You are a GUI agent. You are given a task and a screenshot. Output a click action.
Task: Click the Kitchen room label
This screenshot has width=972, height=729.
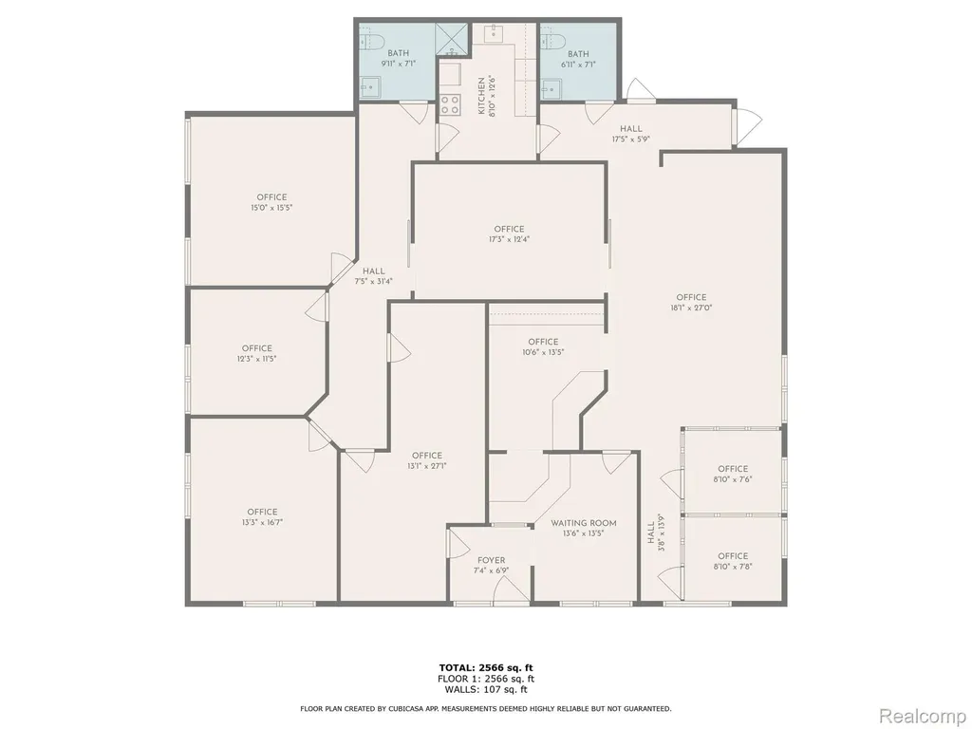point(481,96)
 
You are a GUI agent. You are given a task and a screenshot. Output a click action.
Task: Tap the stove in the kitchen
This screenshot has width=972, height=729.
point(450,104)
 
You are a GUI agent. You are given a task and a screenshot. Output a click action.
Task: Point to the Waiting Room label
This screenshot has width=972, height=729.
point(584,523)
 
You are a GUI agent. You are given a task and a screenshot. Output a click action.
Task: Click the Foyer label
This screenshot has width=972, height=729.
point(491,560)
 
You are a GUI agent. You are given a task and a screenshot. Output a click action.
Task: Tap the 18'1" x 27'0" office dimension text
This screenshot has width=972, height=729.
point(691,308)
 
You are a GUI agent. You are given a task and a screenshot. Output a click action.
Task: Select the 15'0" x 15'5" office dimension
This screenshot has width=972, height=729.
point(271,208)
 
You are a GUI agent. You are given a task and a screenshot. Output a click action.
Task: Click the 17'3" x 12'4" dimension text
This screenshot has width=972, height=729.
point(509,239)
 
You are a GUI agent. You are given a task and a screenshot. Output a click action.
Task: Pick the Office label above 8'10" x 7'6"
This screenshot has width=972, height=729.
point(733,469)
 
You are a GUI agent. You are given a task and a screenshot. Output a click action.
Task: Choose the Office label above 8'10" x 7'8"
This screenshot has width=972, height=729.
point(733,555)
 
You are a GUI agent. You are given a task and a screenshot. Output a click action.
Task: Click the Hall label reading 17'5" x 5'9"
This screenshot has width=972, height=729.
point(630,128)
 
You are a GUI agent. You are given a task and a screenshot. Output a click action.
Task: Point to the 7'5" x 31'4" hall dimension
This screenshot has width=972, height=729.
point(373,281)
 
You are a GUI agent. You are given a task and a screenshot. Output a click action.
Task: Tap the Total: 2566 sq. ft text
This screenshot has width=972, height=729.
point(486,667)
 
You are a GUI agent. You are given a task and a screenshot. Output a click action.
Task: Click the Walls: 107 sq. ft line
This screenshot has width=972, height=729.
point(486,689)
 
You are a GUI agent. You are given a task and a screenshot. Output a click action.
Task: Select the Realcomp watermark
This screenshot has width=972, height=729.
point(922,716)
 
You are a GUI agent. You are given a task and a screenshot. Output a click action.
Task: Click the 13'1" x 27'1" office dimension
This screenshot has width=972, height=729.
point(427,466)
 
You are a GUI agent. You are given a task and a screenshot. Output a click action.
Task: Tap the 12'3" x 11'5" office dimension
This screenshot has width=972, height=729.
point(256,358)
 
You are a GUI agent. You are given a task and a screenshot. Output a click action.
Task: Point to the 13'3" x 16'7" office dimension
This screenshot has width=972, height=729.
point(262,522)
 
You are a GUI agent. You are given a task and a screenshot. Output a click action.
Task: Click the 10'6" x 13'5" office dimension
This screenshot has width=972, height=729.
point(543,352)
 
